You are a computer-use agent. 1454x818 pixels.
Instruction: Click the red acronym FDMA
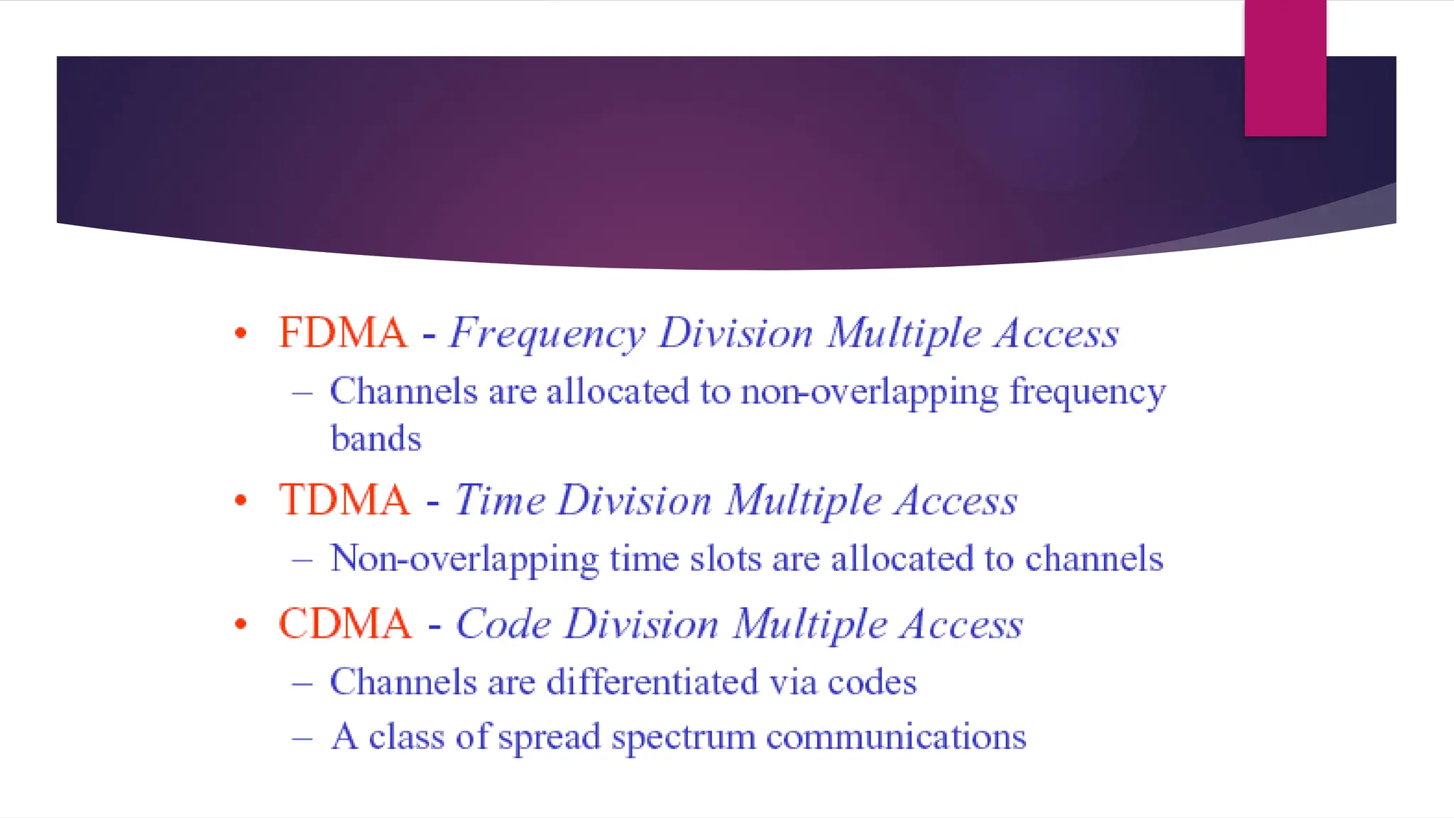click(343, 332)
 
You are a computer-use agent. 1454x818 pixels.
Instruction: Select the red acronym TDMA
click(344, 500)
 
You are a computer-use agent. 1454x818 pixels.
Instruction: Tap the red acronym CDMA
click(345, 623)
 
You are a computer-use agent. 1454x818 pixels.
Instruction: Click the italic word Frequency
click(547, 334)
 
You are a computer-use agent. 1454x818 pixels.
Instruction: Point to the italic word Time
click(500, 500)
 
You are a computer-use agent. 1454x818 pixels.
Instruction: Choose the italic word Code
click(503, 624)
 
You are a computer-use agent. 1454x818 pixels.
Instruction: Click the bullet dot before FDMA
click(241, 332)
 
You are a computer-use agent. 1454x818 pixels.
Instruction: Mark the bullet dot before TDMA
click(241, 500)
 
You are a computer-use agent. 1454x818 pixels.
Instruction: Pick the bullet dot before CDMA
click(241, 624)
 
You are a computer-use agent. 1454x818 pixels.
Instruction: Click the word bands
click(376, 439)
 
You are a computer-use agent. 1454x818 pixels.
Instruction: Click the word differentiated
click(652, 682)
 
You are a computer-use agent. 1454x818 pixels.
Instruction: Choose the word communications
click(896, 737)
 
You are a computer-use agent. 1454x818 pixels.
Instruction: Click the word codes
click(872, 682)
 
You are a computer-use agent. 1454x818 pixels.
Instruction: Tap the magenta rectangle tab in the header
click(1285, 67)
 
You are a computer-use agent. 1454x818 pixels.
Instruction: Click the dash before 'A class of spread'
click(302, 738)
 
